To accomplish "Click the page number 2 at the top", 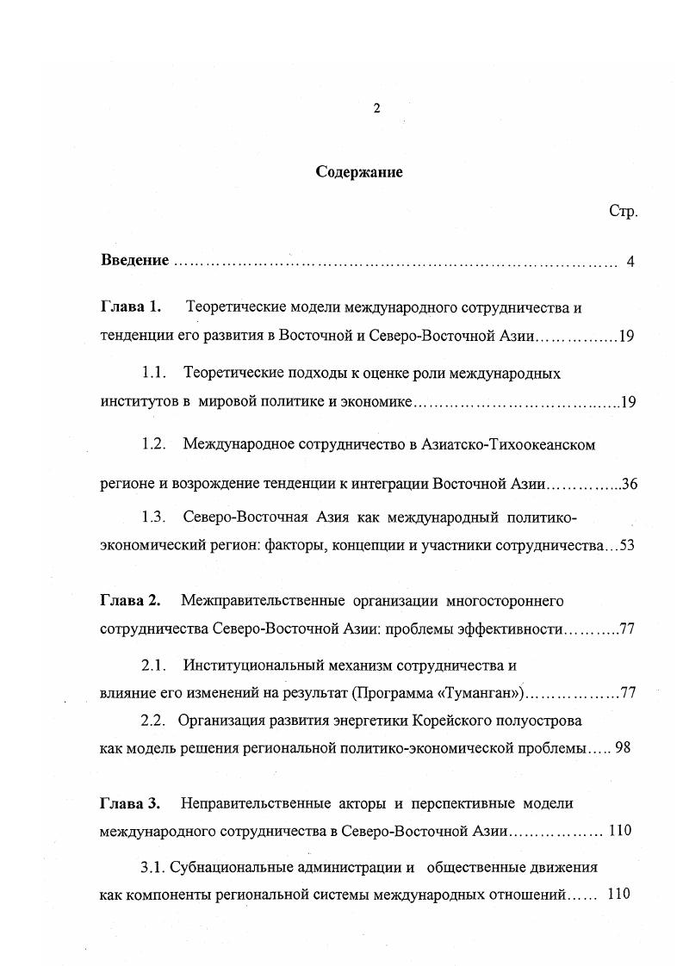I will point(376,108).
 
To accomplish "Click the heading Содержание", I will point(359,171).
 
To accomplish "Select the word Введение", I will point(134,261).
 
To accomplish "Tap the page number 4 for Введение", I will point(630,262).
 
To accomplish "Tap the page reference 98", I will point(624,747).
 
